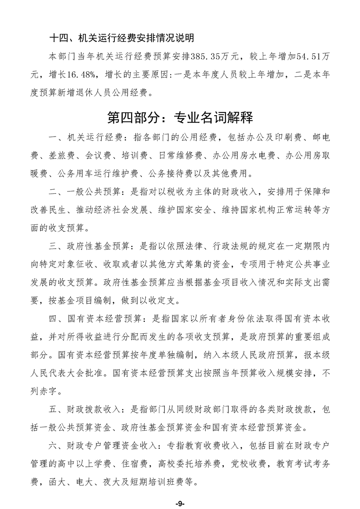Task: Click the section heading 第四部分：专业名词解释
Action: pyautogui.click(x=180, y=117)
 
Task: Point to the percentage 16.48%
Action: pyautogui.click(x=84, y=75)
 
